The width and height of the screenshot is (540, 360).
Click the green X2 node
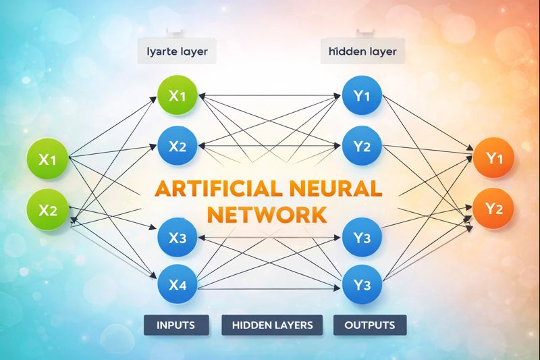point(48,209)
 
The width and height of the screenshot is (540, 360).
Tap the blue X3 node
point(177,237)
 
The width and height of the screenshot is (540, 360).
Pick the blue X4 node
point(177,284)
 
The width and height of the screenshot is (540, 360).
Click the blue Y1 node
point(362,96)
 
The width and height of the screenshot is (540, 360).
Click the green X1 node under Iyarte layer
point(177,96)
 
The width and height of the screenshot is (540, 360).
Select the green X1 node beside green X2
point(48,160)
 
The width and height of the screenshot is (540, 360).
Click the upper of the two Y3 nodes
point(362,237)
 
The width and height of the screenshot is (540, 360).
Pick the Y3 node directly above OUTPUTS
point(362,284)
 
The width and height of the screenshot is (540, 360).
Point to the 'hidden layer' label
point(362,51)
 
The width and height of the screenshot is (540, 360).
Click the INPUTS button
point(175,325)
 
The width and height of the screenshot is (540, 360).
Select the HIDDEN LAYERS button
point(272,325)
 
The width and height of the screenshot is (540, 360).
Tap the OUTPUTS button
point(370,325)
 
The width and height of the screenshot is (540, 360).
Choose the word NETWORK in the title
point(268,215)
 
